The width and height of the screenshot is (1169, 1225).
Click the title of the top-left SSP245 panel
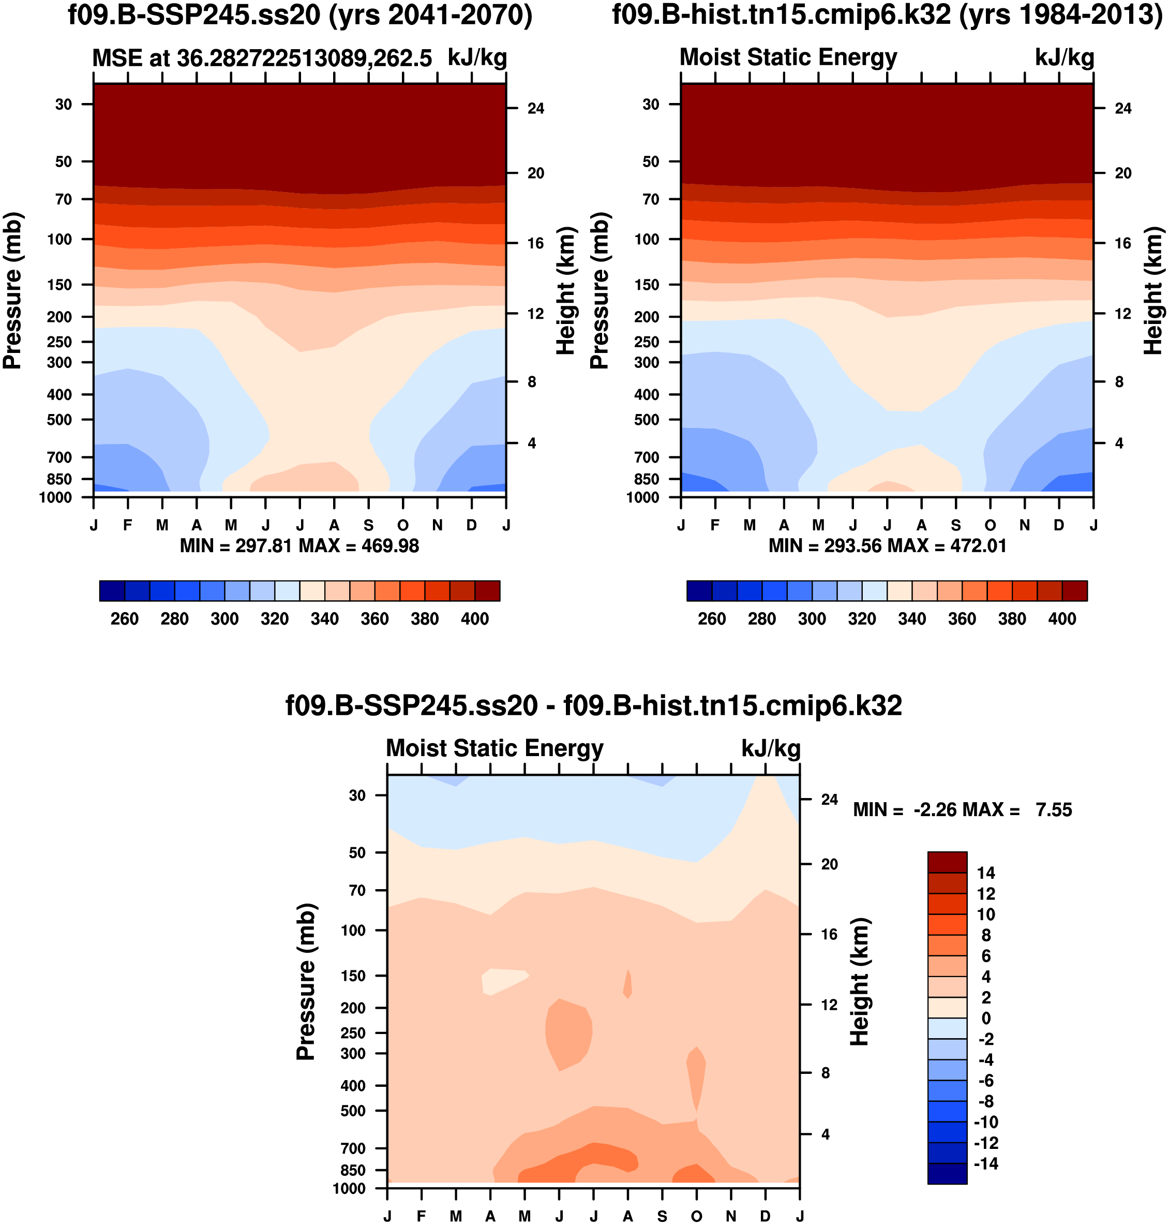coord(299,15)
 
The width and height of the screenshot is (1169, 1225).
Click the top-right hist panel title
coord(887,15)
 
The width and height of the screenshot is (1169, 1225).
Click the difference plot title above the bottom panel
coord(593,706)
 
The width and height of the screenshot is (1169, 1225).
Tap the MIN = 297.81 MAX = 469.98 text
coord(299,546)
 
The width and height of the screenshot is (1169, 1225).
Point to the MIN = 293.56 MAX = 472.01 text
coord(887,546)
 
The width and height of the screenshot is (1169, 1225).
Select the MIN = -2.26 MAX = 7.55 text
coord(962,810)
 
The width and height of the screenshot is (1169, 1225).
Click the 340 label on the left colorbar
coord(325,619)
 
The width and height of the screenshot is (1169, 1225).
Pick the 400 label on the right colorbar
coord(1062,619)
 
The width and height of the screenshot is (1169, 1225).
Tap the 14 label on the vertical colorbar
coord(986,873)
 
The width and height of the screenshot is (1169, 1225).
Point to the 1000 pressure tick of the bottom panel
coord(349,1189)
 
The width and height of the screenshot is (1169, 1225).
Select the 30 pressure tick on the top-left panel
coord(64,104)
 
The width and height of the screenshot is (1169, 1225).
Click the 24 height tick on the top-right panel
coord(1123,109)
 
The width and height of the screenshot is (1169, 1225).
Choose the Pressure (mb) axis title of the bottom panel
coord(305,981)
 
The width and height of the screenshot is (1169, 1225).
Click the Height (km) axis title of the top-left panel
coord(565,290)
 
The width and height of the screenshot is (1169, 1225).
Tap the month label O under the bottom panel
coord(697,1216)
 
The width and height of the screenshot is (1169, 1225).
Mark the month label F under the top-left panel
coord(128,525)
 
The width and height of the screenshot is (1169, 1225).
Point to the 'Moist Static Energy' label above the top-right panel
coord(788,57)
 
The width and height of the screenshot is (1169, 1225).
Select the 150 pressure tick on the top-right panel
coord(646,285)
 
